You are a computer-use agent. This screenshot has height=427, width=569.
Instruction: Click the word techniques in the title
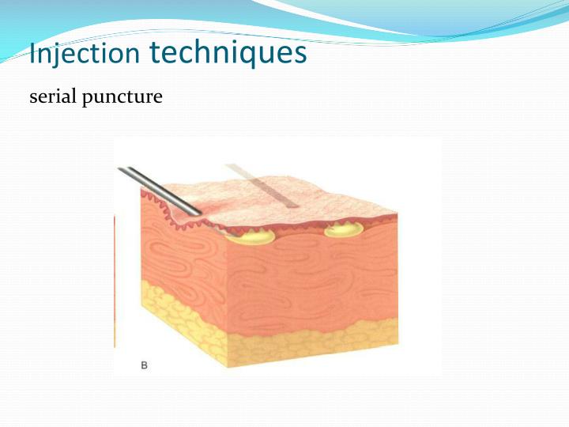pyautogui.click(x=228, y=52)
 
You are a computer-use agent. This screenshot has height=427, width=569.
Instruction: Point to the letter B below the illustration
pyautogui.click(x=144, y=365)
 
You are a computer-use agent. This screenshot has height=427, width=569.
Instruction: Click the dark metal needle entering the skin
pyautogui.click(x=158, y=191)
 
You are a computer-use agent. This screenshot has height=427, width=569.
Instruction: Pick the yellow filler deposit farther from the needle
pyautogui.click(x=344, y=230)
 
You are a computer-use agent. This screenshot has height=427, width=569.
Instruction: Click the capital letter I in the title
pyautogui.click(x=32, y=54)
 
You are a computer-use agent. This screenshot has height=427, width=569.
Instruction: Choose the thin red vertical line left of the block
pyautogui.click(x=115, y=277)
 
